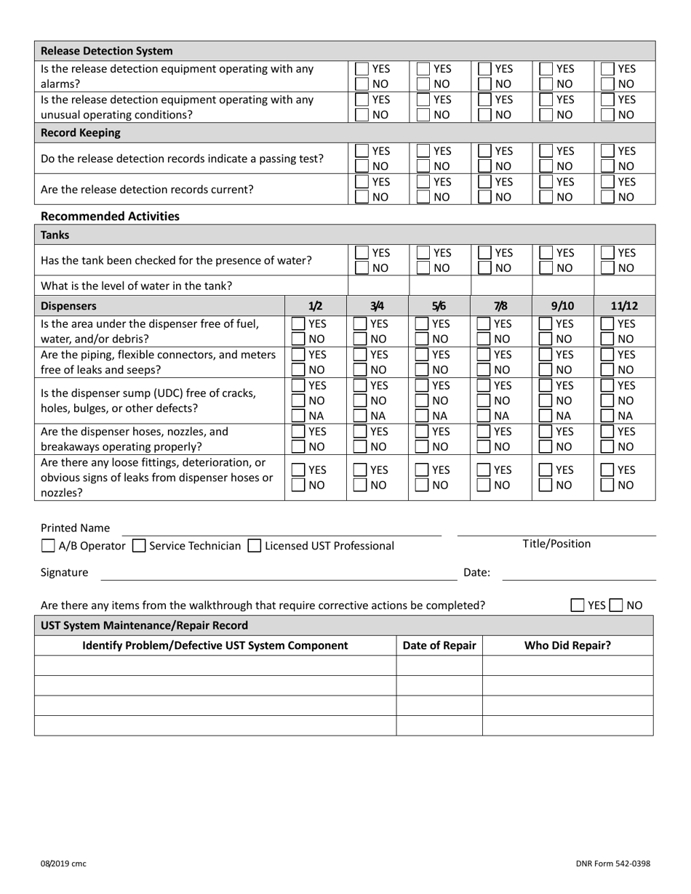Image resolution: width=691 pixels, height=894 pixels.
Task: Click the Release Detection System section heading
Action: pyautogui.click(x=107, y=51)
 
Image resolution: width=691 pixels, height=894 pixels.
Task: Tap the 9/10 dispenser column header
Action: pyautogui.click(x=563, y=306)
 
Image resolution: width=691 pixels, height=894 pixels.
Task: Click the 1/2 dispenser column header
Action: pyautogui.click(x=316, y=306)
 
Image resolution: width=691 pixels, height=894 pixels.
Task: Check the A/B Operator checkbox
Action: pyautogui.click(x=48, y=545)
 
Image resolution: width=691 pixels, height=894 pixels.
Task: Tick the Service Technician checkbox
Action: pyautogui.click(x=140, y=545)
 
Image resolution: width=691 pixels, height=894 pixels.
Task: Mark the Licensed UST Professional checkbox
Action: pyautogui.click(x=255, y=545)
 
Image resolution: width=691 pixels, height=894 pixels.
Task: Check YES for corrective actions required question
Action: pyautogui.click(x=578, y=605)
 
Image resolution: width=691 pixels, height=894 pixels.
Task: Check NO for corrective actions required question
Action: pyautogui.click(x=616, y=605)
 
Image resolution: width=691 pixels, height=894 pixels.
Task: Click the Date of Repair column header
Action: pyautogui.click(x=439, y=645)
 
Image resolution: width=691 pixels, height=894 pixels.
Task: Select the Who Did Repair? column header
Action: pyautogui.click(x=567, y=645)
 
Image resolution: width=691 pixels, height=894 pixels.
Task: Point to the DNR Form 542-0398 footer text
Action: pyautogui.click(x=613, y=863)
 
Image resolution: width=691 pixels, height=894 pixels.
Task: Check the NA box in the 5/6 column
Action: pyautogui.click(x=422, y=415)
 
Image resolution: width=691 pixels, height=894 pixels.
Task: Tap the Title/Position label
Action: pyautogui.click(x=556, y=544)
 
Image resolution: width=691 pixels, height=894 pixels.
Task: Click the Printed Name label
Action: pyautogui.click(x=76, y=528)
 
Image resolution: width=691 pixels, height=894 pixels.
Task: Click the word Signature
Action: pyautogui.click(x=64, y=572)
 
